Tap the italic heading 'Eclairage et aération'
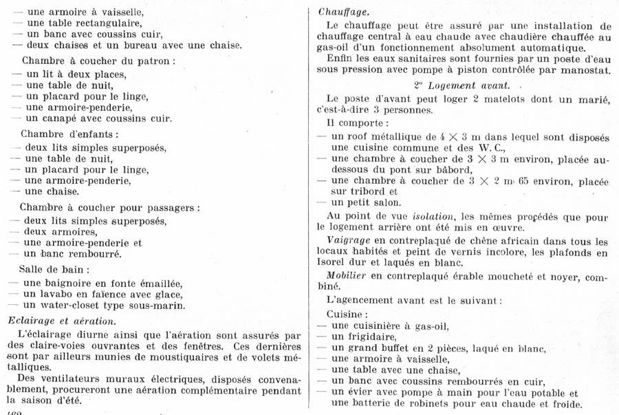click(61, 320)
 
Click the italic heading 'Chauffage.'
click(343, 12)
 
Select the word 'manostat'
click(587, 70)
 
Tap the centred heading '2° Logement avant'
click(461, 85)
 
